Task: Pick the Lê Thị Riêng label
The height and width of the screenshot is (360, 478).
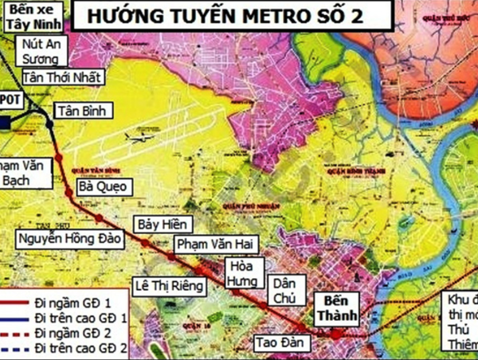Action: click(170, 284)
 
